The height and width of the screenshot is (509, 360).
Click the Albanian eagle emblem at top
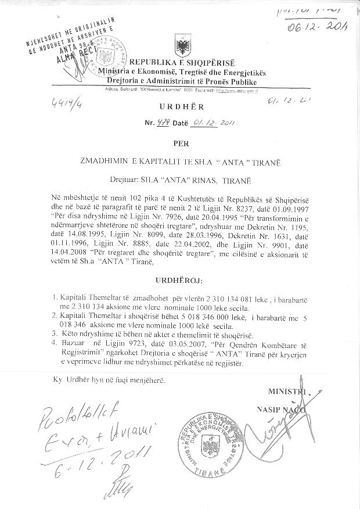(x=180, y=45)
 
